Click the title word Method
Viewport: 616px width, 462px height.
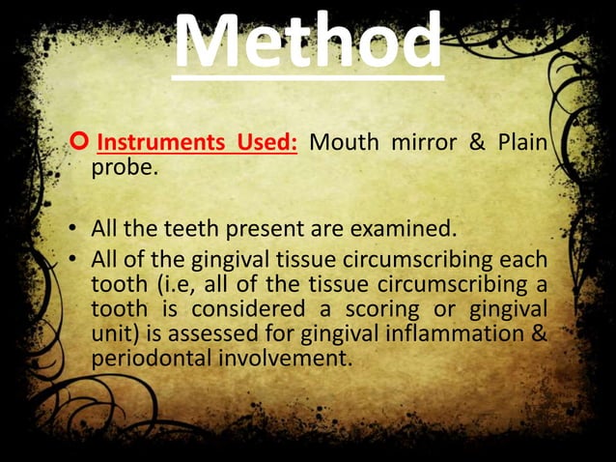pyautogui.click(x=308, y=41)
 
